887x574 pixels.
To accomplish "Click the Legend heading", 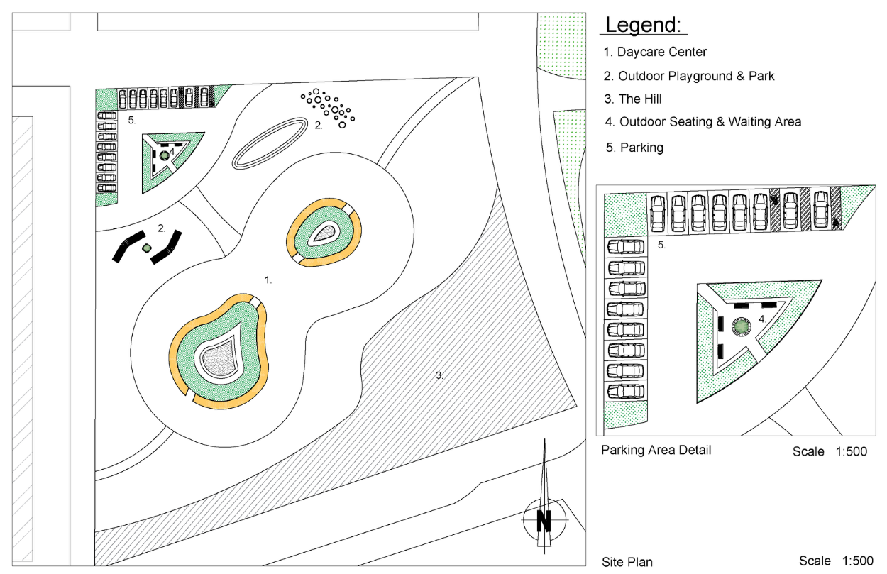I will tap(643, 25).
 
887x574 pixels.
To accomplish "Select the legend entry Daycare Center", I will tap(655, 52).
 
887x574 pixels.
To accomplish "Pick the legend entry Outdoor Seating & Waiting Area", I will tap(703, 122).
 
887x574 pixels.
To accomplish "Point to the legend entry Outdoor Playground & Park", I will tap(689, 76).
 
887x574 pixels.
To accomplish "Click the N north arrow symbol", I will tap(544, 521).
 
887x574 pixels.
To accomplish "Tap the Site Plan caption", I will tap(627, 562).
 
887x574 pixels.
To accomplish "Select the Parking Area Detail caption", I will tap(656, 450).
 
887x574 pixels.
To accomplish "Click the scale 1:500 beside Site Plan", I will tap(836, 561).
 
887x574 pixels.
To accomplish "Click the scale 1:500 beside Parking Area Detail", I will tap(830, 452).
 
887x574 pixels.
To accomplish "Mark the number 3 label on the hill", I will tap(440, 375).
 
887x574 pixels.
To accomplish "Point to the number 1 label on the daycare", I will tap(268, 280).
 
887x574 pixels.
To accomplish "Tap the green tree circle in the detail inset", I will tap(741, 326).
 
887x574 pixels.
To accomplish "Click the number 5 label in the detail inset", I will tap(661, 245).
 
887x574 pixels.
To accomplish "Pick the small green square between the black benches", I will tap(147, 248).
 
